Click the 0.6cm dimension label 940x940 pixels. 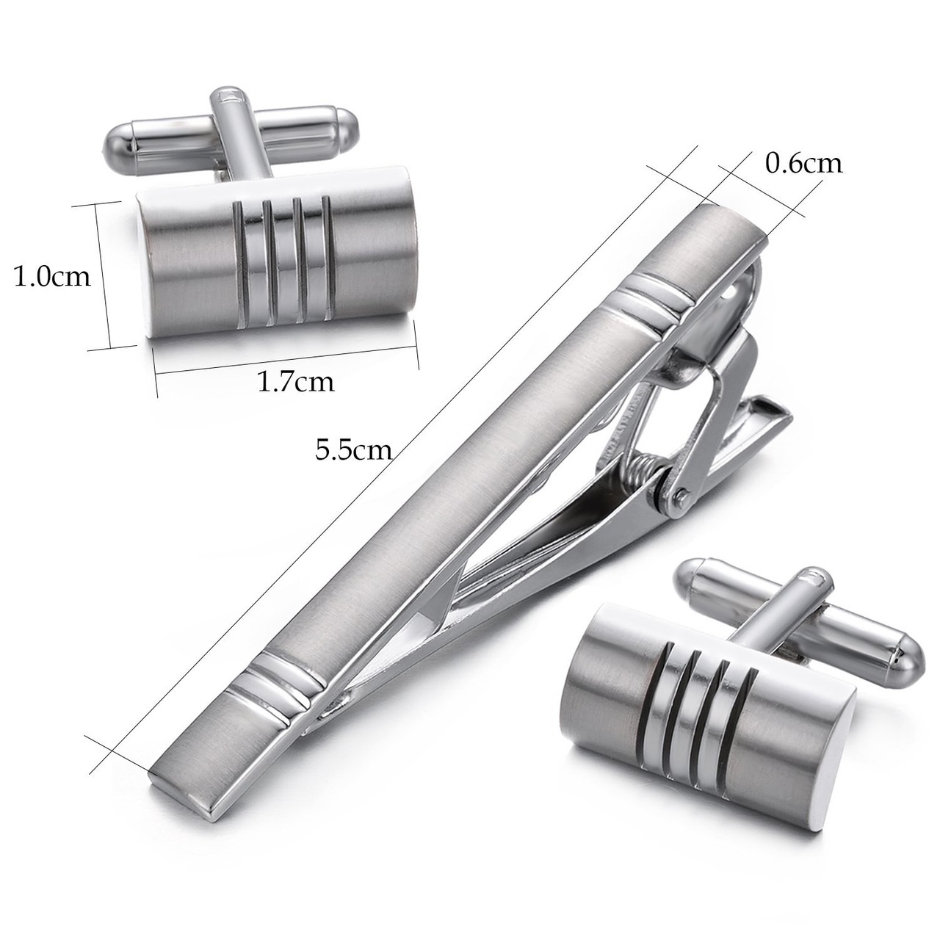tap(803, 164)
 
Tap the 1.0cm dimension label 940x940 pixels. tap(51, 277)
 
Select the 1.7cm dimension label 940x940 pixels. tap(296, 382)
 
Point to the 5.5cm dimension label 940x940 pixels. tap(354, 450)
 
